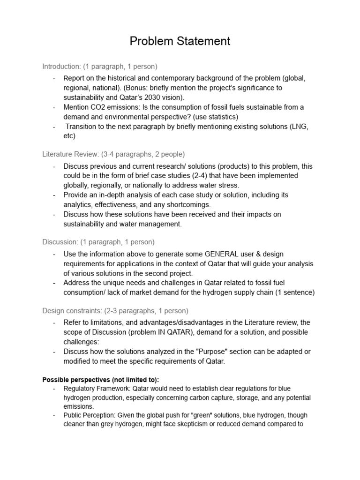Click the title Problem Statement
[180, 41]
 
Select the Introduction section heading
[61, 66]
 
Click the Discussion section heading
[60, 242]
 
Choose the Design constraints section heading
[73, 311]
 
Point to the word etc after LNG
[69, 136]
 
